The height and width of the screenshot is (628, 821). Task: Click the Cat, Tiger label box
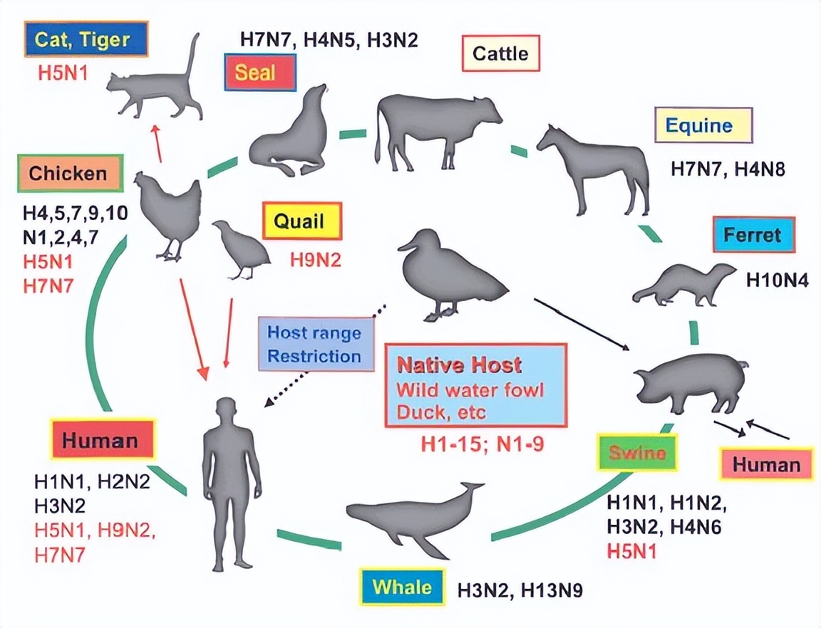[x=86, y=38]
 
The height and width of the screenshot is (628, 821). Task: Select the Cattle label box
[x=501, y=53]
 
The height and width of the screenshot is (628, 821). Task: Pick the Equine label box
[x=703, y=126]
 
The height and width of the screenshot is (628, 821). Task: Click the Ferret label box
[x=753, y=235]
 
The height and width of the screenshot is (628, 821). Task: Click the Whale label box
[x=402, y=587]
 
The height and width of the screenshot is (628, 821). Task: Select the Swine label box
[x=637, y=454]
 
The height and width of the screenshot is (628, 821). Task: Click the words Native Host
[x=459, y=366]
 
